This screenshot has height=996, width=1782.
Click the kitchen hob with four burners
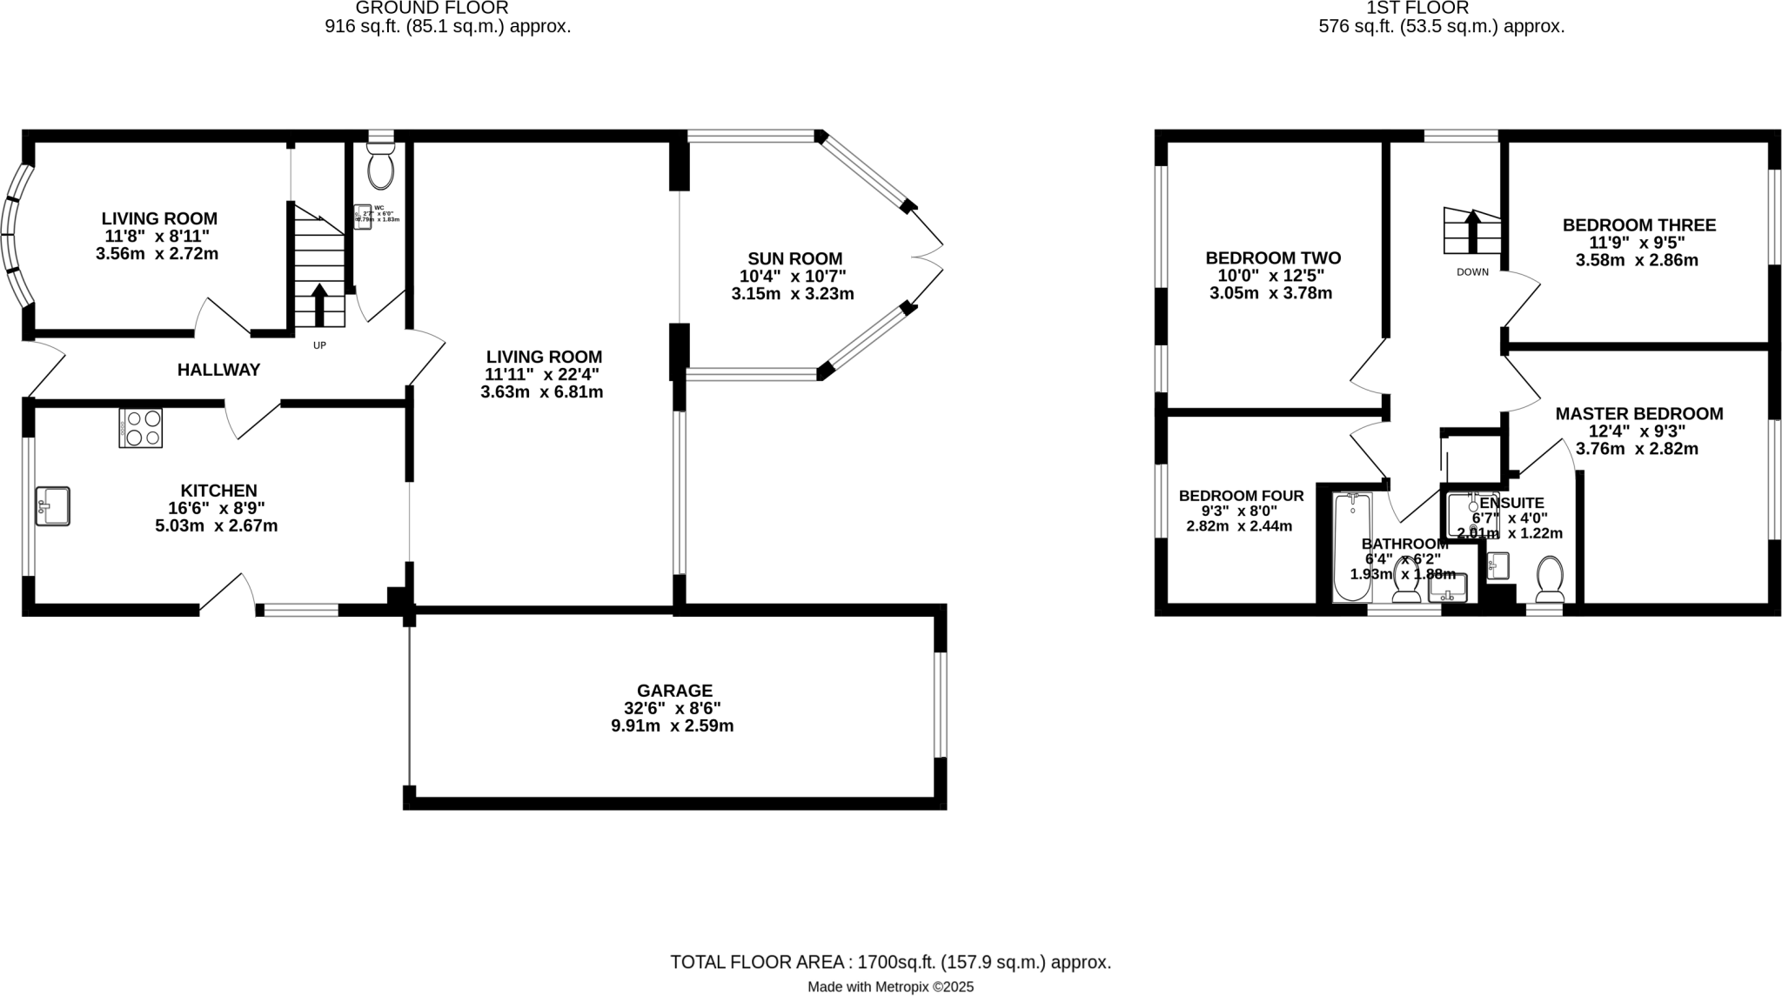[x=141, y=428]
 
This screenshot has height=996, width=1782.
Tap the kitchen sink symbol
[x=52, y=506]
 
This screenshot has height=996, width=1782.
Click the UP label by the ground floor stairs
[x=319, y=345]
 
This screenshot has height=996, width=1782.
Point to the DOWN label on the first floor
[x=1472, y=272]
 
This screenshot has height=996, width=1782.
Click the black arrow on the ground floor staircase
[x=318, y=304]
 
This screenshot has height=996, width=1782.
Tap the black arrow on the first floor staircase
[x=1472, y=231]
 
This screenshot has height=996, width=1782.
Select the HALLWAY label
[x=218, y=370]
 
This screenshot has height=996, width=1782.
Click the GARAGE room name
[x=672, y=691]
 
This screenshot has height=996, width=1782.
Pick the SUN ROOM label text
[x=794, y=258]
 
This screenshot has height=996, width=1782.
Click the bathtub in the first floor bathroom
[x=1351, y=547]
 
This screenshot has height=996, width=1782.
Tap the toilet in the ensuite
[x=1550, y=578]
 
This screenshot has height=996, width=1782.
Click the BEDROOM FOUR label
[x=1241, y=496]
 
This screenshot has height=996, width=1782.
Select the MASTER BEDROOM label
[x=1638, y=414]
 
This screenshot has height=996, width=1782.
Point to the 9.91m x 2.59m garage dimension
[x=672, y=725]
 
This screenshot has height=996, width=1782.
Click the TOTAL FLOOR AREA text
[x=890, y=962]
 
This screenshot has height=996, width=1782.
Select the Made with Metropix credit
[x=890, y=987]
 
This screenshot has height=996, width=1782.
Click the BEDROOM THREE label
[x=1638, y=225]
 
